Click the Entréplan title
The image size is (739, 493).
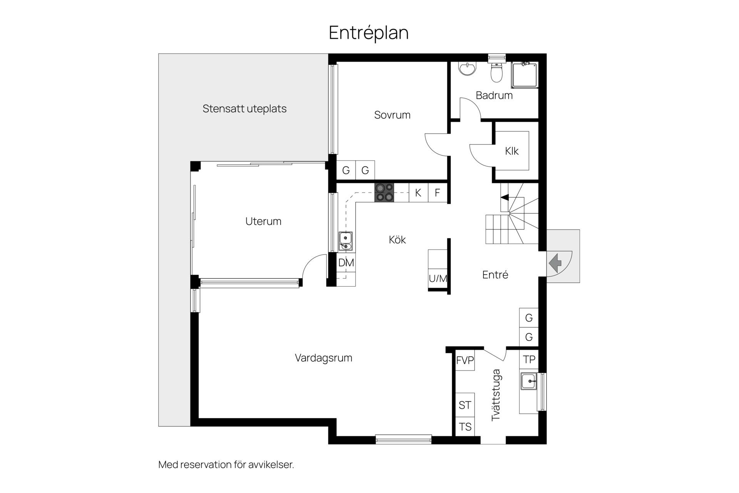coord(368,33)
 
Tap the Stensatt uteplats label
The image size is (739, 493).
coord(244,109)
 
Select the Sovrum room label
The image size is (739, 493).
coord(392,115)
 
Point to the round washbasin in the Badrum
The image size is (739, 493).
coord(467,69)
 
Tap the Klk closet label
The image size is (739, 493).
coord(512,151)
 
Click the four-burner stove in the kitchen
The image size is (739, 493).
coord(385,192)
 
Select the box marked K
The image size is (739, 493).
coord(418,192)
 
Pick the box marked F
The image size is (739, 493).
coord(438,192)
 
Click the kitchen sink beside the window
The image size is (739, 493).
coord(345,241)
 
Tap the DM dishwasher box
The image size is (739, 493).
coord(346,263)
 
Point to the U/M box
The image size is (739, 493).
coord(438,278)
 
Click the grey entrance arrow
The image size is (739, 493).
coord(555,264)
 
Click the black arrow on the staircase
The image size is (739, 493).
coord(504,198)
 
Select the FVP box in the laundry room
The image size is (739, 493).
coord(465,360)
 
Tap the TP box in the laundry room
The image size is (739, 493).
coord(529,359)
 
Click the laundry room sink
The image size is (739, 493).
coord(529,381)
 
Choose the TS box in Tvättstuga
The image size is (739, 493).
coord(465,427)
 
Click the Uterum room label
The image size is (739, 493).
coord(263,221)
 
